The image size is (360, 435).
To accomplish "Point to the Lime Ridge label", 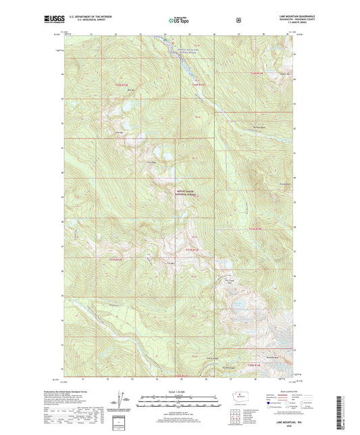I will [x=151, y=162].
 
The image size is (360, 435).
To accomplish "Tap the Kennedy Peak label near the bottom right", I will [x=272, y=356].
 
